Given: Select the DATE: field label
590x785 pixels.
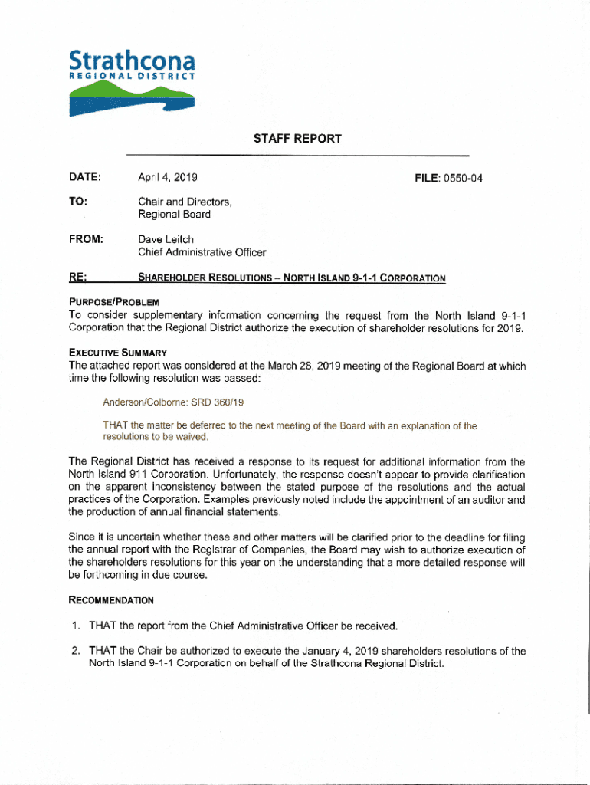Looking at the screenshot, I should (x=85, y=178).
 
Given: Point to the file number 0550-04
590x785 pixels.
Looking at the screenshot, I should (x=458, y=179).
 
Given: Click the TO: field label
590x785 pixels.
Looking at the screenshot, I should (x=77, y=202).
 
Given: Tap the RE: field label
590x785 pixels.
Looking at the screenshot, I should (x=77, y=277).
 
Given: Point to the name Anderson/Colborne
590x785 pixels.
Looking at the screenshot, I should (x=141, y=402).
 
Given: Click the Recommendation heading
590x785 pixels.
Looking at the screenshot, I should (x=110, y=600).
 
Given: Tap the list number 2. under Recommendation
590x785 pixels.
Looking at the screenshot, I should (x=77, y=652).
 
